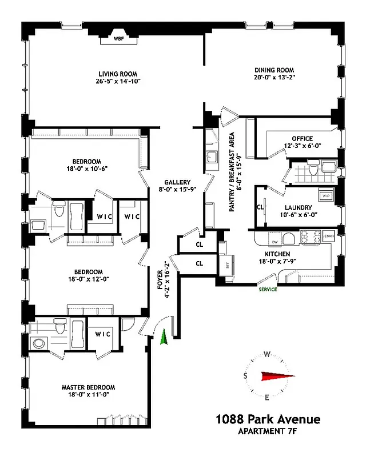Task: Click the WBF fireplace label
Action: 119,39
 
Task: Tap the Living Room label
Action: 119,74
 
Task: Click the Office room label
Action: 302,138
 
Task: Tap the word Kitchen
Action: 277,254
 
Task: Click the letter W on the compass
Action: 266,353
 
